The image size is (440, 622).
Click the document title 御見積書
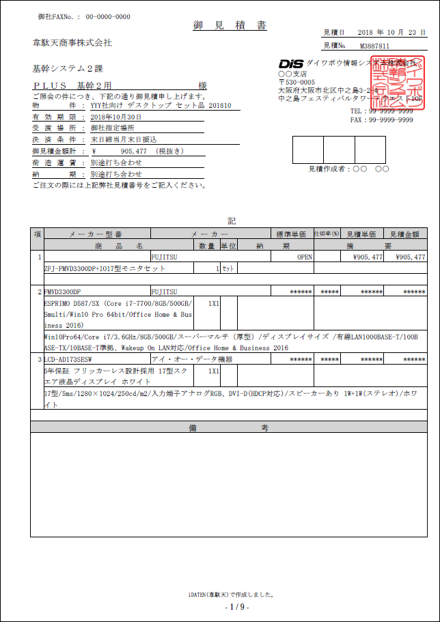pos(230,25)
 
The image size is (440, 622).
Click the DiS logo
pos(290,63)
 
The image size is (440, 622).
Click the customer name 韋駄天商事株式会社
pos(72,43)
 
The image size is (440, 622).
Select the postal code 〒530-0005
pos(297,82)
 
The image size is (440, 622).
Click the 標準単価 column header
pos(291,234)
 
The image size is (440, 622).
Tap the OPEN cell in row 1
pos(304,257)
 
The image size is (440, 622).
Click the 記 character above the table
pos(231,221)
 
